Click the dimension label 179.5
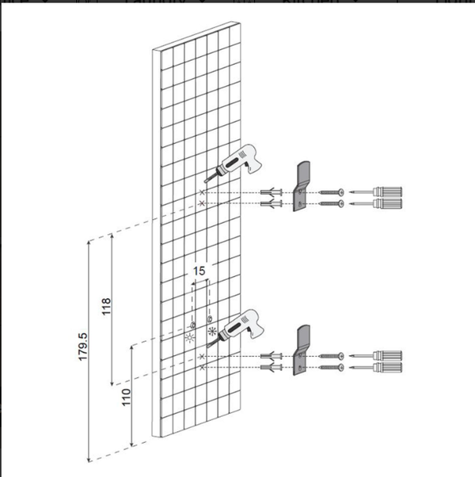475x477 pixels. [83, 346]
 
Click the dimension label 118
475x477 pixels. [106, 307]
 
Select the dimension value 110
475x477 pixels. [126, 397]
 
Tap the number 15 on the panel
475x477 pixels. [199, 271]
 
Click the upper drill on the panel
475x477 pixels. [234, 162]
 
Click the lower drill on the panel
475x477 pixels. [236, 327]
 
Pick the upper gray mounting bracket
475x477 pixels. [302, 186]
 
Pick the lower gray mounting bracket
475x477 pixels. [302, 350]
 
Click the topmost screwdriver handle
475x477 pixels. [387, 192]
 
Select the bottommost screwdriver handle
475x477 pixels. [387, 367]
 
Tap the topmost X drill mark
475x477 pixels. [202, 192]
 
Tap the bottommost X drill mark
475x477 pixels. [202, 368]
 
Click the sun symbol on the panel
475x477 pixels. [190, 338]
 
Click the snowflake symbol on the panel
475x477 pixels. [212, 331]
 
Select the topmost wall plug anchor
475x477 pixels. [272, 192]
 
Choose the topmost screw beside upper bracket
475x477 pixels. [332, 192]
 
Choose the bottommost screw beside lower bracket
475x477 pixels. [332, 367]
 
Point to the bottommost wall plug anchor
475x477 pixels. [272, 367]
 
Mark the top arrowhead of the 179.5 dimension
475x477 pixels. [89, 243]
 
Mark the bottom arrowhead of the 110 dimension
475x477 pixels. [132, 444]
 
